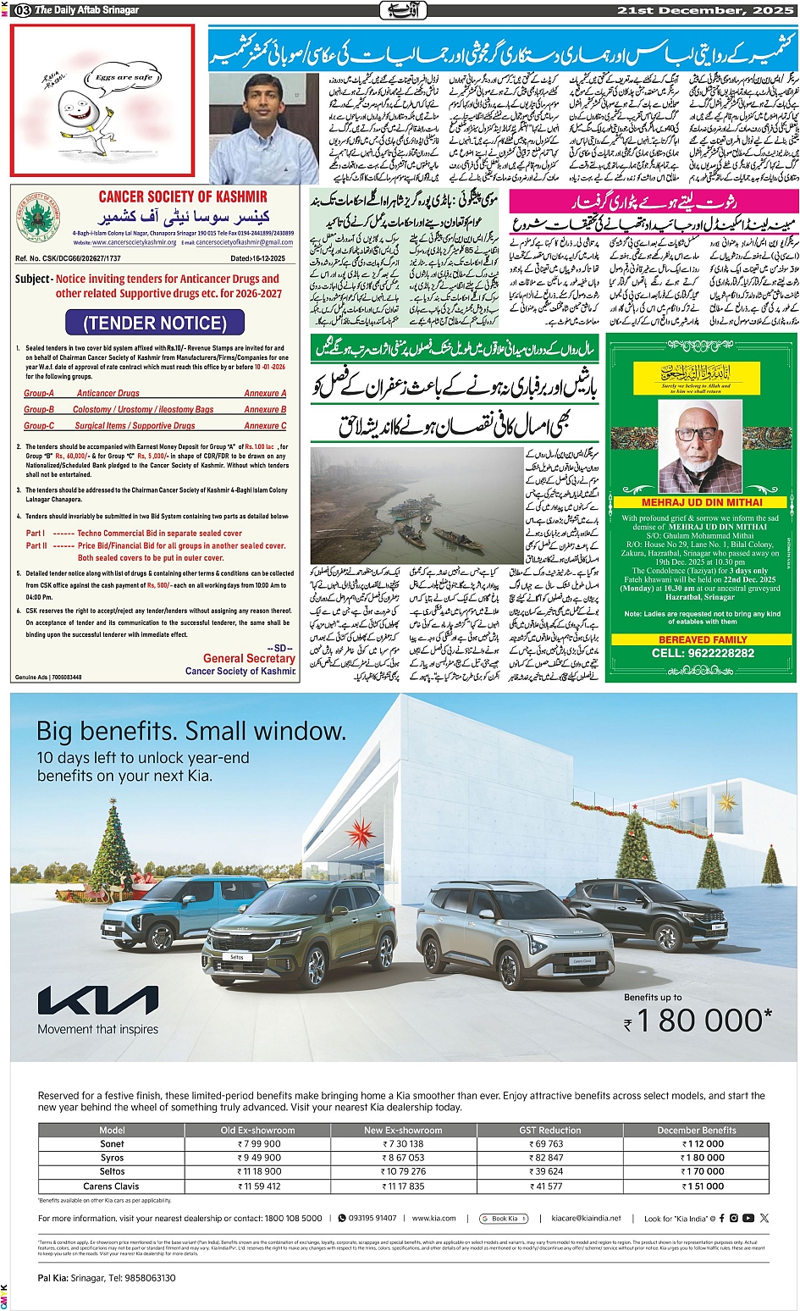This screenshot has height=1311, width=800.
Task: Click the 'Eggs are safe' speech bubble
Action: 124,77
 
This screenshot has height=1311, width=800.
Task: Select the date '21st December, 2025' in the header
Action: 706,10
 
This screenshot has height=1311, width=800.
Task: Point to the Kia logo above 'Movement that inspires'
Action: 97,1001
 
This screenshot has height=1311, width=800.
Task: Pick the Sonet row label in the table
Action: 112,1143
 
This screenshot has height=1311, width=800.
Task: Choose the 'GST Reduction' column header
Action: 549,1130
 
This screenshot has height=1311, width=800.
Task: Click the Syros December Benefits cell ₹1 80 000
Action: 703,1158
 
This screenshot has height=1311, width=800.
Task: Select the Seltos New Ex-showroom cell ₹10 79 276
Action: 404,1172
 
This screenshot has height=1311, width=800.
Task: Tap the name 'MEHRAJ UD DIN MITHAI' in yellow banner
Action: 702,502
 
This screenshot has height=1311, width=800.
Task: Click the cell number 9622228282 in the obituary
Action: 703,653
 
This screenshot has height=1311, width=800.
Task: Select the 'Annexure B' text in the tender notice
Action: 265,410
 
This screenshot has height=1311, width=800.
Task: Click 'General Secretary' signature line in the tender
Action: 249,658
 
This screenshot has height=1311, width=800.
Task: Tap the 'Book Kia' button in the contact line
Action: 504,1218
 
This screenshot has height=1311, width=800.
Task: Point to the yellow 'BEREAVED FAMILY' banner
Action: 703,639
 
